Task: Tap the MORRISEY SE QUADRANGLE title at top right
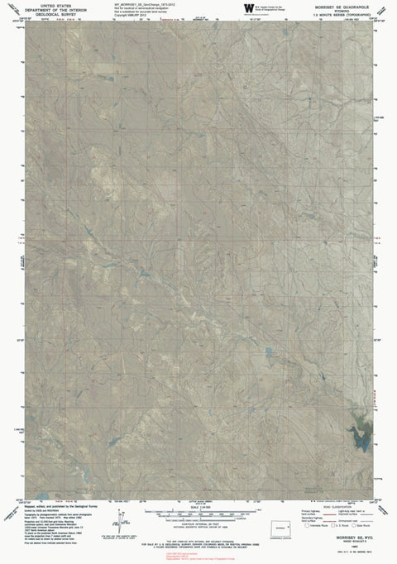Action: coord(340,4)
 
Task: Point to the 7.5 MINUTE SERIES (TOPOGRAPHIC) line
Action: coord(340,13)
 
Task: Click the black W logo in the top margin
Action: coord(247,8)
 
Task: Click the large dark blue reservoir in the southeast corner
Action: coord(361,442)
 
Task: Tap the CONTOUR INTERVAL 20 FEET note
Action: coord(198,525)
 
